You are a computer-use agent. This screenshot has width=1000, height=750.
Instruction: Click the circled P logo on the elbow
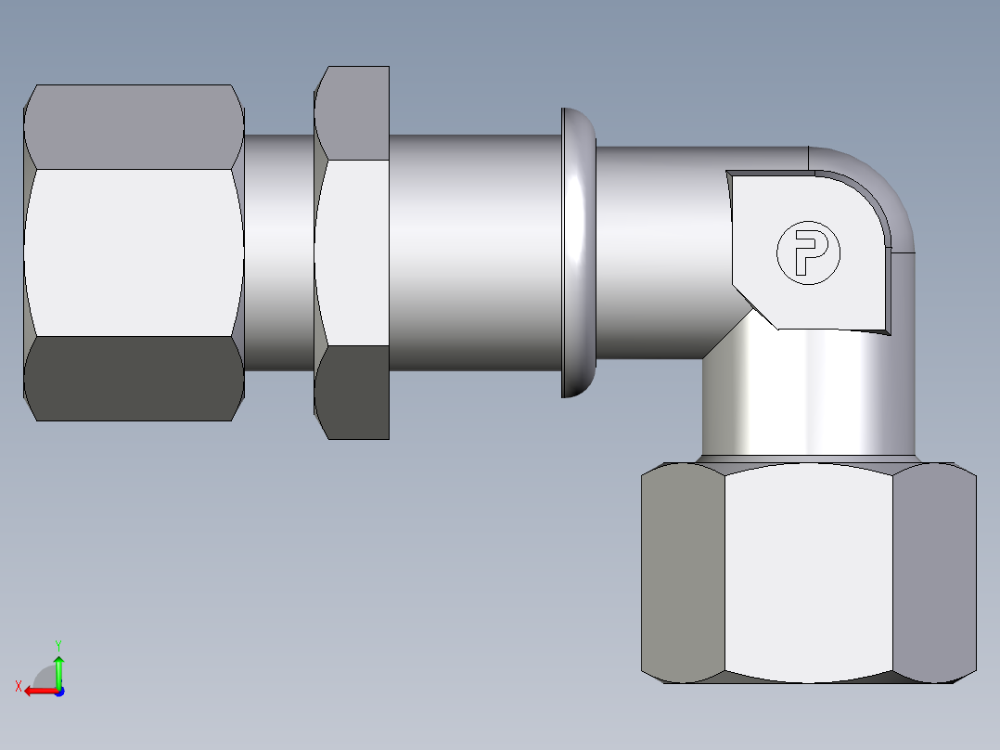coord(807,252)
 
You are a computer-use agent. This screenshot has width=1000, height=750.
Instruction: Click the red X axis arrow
coord(39,691)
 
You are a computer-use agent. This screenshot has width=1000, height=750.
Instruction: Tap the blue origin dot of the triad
coord(58,692)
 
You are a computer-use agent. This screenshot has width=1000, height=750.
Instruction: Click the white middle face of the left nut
coord(135,252)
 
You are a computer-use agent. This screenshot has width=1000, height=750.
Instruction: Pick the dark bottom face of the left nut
coord(135,379)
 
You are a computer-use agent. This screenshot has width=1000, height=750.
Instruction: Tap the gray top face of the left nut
coord(135,126)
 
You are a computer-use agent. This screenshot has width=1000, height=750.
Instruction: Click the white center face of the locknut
coord(353,252)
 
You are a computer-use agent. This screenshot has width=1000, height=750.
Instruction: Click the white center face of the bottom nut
coord(807,571)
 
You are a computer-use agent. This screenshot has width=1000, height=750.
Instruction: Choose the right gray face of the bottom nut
coord(935,571)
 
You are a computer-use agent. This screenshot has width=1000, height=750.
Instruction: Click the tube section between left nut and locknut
coord(278,252)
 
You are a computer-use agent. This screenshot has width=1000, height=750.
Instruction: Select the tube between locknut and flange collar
coord(473,252)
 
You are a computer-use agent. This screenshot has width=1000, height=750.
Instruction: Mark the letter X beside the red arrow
coord(19,687)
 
